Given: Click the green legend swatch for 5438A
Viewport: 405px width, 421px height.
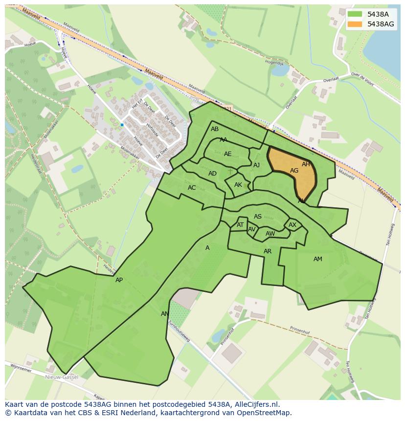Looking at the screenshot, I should click(x=356, y=14).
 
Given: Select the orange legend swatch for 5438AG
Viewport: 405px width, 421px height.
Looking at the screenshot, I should click(x=356, y=24).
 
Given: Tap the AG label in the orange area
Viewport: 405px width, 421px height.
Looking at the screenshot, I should click(x=294, y=171).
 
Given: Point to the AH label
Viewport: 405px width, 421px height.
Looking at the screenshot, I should click(x=306, y=164).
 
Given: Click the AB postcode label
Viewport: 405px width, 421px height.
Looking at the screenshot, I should click(x=215, y=129).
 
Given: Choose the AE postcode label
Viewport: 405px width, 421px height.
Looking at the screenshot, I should click(x=227, y=154).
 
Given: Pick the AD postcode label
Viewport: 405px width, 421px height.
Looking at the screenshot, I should click(x=212, y=174).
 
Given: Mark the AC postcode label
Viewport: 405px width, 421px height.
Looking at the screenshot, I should click(x=192, y=188).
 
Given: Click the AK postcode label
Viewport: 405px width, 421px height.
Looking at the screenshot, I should click(x=238, y=185).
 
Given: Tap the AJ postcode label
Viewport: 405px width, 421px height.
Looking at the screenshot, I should click(x=256, y=165).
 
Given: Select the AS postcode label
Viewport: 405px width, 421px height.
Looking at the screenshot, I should click(x=258, y=217).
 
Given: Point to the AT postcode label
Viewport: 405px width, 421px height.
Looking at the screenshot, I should click(x=240, y=225).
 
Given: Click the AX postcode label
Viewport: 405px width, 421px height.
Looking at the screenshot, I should click(x=292, y=225).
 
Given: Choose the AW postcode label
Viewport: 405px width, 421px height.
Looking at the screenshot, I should click(x=270, y=234).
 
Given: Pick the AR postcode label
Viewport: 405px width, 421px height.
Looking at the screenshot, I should click(x=268, y=251).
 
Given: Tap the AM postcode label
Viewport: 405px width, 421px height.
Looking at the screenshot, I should click(x=318, y=259).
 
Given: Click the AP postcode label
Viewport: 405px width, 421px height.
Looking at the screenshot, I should click(x=119, y=280).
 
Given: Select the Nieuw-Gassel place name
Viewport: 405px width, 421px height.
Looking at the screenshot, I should click(x=62, y=377).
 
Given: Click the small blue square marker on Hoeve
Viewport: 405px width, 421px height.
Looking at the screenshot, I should click(x=122, y=125).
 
